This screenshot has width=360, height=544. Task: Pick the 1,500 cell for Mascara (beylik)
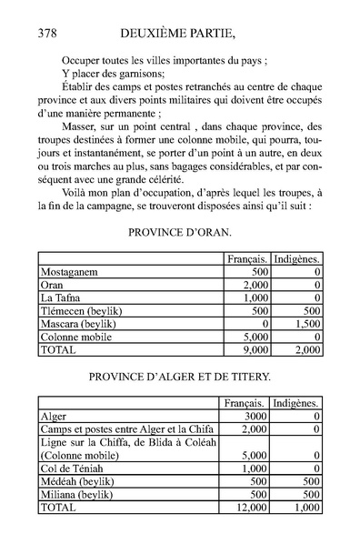click(306, 322)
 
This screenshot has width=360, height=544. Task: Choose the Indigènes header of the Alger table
click(296, 401)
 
